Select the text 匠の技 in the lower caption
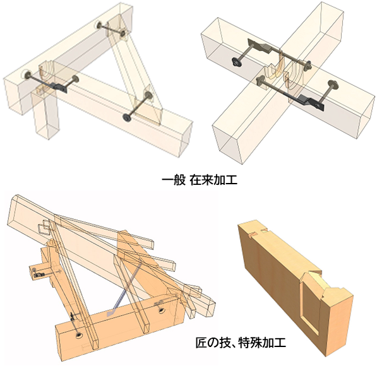(x=213, y=343)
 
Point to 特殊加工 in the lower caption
(x=262, y=343)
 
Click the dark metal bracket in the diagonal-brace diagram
(x=59, y=86)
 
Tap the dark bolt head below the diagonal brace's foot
(x=126, y=117)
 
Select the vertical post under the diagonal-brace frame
(x=45, y=113)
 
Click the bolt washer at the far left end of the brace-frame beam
(x=27, y=74)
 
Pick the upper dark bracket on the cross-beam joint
(x=260, y=46)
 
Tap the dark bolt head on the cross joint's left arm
(x=236, y=62)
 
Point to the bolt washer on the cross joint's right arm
(x=333, y=85)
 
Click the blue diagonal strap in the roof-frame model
(x=123, y=288)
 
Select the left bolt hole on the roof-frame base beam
(x=79, y=335)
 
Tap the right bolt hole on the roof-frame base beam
(x=162, y=311)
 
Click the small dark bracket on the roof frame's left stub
(x=39, y=275)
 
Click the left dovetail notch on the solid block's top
(x=253, y=234)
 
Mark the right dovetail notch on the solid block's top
(x=265, y=230)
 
